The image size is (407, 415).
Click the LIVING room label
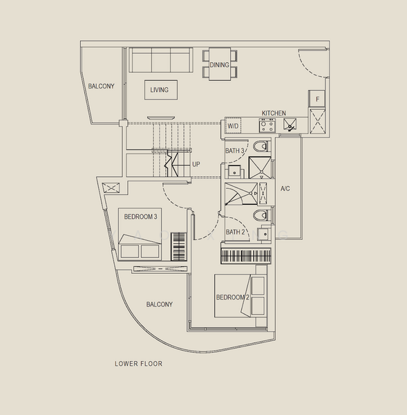pyautogui.click(x=160, y=90)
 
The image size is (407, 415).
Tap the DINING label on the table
pyautogui.click(x=220, y=65)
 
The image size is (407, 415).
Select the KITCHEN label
pyautogui.click(x=274, y=113)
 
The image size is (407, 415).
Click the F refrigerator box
pyautogui.click(x=316, y=100)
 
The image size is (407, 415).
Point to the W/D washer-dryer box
pyautogui.click(x=233, y=127)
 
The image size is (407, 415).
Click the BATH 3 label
pyautogui.click(x=235, y=151)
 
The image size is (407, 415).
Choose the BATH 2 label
pyautogui.click(x=235, y=232)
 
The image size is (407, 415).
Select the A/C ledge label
pyautogui.click(x=285, y=188)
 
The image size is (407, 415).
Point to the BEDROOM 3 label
pyautogui.click(x=140, y=216)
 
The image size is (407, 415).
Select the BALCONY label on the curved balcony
pyautogui.click(x=159, y=304)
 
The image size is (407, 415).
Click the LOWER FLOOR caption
pyautogui.click(x=139, y=363)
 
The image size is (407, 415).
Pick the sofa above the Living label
pyautogui.click(x=162, y=60)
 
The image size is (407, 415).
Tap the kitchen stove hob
pyautogui.click(x=266, y=126)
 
